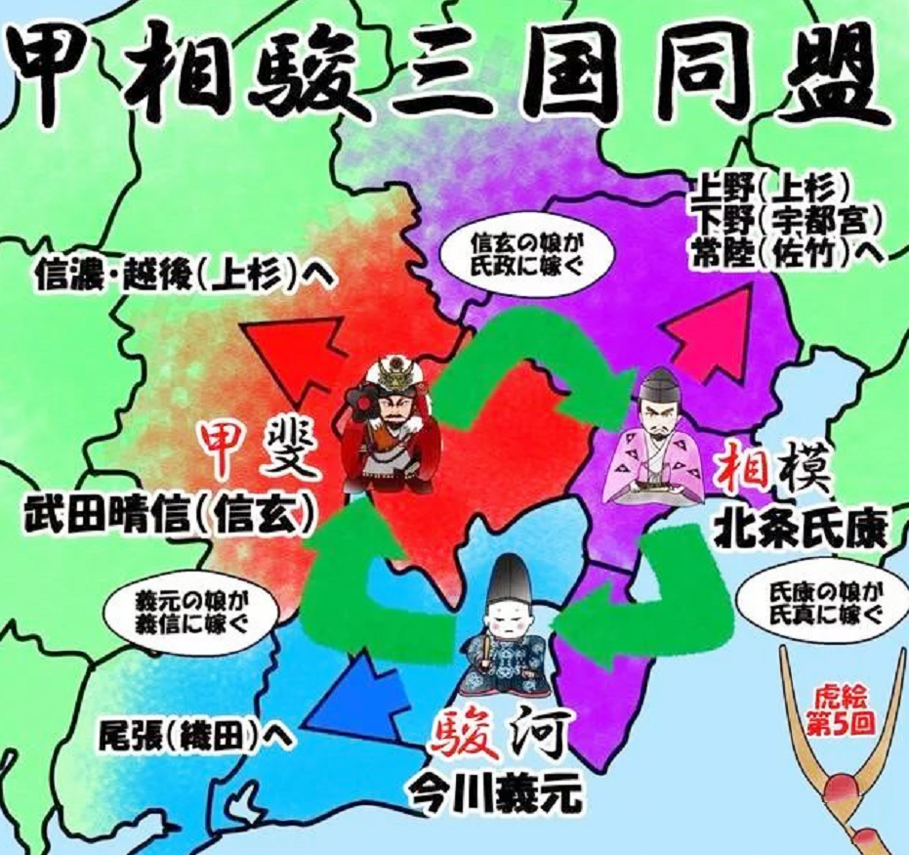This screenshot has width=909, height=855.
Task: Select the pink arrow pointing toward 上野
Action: pos(712,327)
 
